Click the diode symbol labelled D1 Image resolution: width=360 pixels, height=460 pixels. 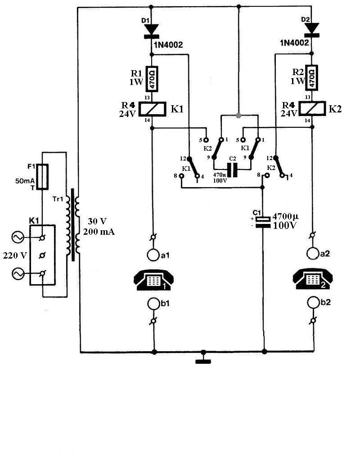pos(152,31)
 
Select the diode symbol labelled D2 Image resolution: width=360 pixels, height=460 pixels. pos(312,30)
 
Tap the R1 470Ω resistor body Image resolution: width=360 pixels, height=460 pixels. pos(152,79)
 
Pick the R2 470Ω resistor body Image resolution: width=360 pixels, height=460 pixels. pos(312,77)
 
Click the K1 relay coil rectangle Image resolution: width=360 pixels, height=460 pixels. pos(152,109)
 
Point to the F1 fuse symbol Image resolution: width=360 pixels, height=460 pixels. pos(43,177)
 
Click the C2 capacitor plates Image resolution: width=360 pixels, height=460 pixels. pos(233,170)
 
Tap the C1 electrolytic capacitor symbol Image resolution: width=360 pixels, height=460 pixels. pos(263,222)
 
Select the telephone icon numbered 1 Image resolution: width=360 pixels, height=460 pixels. pos(153,280)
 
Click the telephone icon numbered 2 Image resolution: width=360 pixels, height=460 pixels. pos(313,278)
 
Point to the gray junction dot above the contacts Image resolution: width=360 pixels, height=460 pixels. pos(238,115)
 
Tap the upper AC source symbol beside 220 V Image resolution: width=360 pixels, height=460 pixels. pos(18,237)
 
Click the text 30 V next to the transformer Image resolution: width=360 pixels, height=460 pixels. pos(97,221)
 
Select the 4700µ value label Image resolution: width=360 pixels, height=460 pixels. pos(285,216)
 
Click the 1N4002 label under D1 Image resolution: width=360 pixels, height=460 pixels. pos(169,45)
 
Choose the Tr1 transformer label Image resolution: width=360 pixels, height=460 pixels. pos(58,199)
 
